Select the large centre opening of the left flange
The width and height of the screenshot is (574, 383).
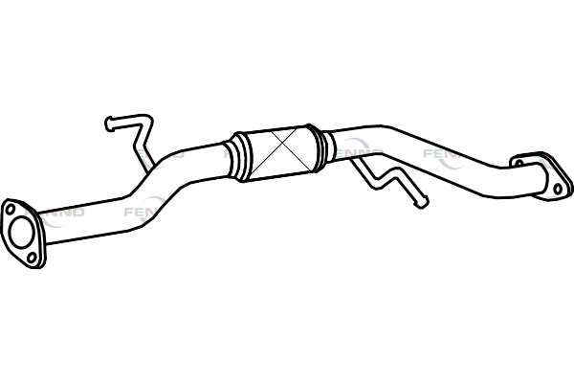pyautogui.click(x=20, y=231)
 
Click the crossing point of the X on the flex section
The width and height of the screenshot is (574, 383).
pyautogui.click(x=279, y=150)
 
